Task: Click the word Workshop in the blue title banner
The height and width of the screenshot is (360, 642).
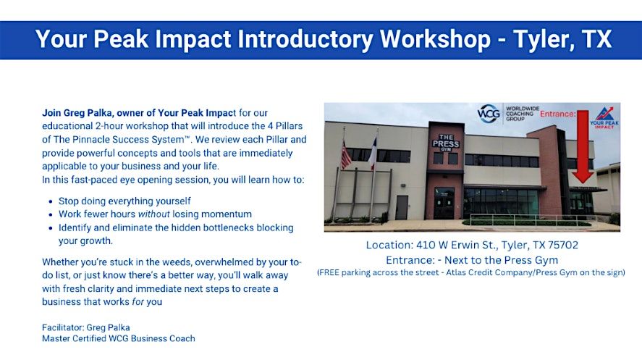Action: (435, 39)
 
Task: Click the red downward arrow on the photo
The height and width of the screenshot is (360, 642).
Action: (583, 146)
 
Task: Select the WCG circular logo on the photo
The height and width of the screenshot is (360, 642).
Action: (489, 113)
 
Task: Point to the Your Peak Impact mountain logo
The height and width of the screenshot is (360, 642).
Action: (604, 117)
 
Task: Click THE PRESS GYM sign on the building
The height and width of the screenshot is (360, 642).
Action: (446, 143)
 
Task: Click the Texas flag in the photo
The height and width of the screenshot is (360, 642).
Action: (373, 153)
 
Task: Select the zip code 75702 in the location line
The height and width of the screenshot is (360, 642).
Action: (563, 245)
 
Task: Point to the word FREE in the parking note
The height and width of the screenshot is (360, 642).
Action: (329, 272)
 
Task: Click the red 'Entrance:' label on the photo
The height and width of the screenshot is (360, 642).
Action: (557, 114)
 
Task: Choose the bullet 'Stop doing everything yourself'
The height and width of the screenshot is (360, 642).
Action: (124, 201)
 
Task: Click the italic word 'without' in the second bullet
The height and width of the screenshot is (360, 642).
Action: (153, 214)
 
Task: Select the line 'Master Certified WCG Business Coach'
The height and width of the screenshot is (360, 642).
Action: (118, 338)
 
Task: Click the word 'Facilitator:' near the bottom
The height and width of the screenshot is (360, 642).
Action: (63, 327)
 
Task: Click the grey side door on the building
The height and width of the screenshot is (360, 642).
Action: (402, 207)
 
